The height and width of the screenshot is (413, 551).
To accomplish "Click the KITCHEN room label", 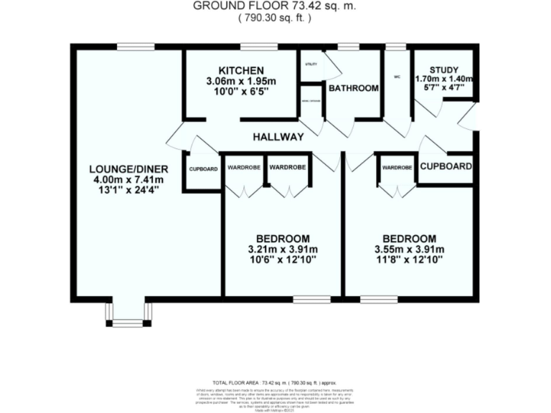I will point(240,70).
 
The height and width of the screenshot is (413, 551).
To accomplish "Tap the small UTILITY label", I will point(310,65).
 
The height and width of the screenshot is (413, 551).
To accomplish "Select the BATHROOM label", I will point(353,88).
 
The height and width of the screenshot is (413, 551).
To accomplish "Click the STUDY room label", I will point(444,70).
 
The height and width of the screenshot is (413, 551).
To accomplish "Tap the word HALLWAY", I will point(278,136).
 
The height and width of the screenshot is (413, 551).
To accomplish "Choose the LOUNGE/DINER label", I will point(126,169).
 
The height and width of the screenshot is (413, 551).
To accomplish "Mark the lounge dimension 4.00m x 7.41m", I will point(126,180).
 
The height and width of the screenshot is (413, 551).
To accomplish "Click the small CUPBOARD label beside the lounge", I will point(203,169).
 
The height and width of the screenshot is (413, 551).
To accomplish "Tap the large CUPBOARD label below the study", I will point(446,166).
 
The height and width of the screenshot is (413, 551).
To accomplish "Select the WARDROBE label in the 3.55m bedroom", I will point(397,168).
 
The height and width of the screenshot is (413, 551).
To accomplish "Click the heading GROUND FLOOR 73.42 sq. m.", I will point(275,6).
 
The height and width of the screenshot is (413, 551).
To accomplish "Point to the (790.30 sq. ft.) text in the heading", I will point(275,18).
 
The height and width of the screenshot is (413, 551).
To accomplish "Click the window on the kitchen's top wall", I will point(254,47).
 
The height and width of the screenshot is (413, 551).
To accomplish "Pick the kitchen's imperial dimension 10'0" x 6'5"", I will point(240,92).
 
